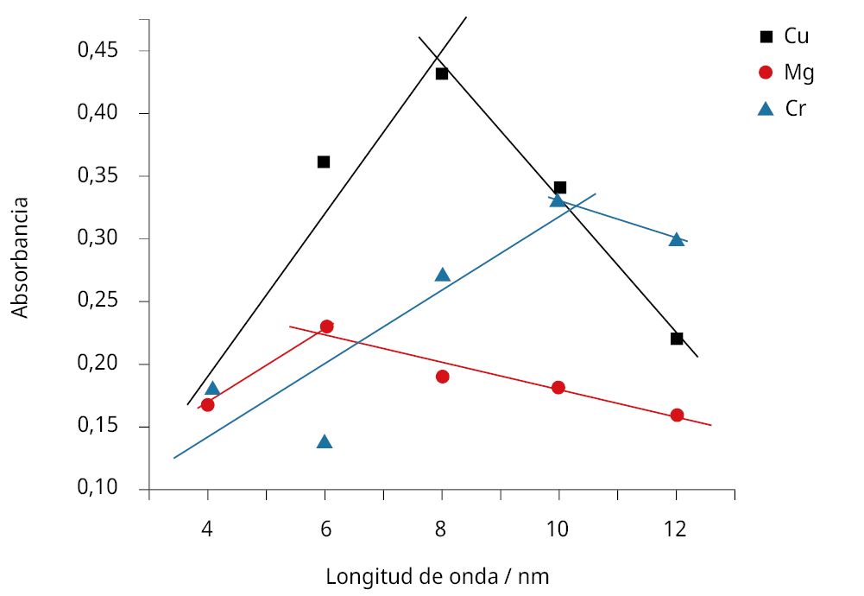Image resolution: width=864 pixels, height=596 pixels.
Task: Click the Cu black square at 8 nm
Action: tap(442, 73)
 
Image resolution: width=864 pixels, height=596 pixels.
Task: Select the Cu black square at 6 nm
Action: tap(324, 162)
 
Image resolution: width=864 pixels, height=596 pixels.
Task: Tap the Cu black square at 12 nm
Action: tap(677, 338)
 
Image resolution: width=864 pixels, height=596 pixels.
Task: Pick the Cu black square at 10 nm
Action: tap(560, 187)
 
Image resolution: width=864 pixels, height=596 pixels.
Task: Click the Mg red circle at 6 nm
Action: tap(326, 327)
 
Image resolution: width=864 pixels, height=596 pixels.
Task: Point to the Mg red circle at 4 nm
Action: tap(207, 404)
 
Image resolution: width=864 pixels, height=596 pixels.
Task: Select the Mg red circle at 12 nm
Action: tap(677, 415)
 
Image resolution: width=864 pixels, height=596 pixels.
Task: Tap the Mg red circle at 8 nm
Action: tap(443, 377)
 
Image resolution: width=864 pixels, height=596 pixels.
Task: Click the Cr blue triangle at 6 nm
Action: tap(325, 442)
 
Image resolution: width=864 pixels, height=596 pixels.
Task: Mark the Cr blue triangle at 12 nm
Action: tap(677, 240)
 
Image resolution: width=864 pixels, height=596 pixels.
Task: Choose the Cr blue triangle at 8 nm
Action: tap(443, 275)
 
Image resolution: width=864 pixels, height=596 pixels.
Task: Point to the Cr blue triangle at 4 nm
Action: tap(212, 389)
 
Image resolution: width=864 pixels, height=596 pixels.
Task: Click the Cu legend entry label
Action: tap(797, 36)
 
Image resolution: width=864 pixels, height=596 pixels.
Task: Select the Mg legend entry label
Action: tap(798, 73)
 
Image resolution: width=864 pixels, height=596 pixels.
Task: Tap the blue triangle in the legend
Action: tap(765, 109)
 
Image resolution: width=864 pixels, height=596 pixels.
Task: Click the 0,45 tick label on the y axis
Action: tap(98, 50)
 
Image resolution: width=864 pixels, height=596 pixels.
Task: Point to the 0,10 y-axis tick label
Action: tap(98, 489)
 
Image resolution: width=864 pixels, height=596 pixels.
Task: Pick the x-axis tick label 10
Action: tap(558, 529)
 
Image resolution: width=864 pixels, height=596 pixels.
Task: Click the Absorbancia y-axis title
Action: tap(20, 257)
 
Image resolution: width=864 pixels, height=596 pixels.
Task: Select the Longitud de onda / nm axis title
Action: tap(437, 576)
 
